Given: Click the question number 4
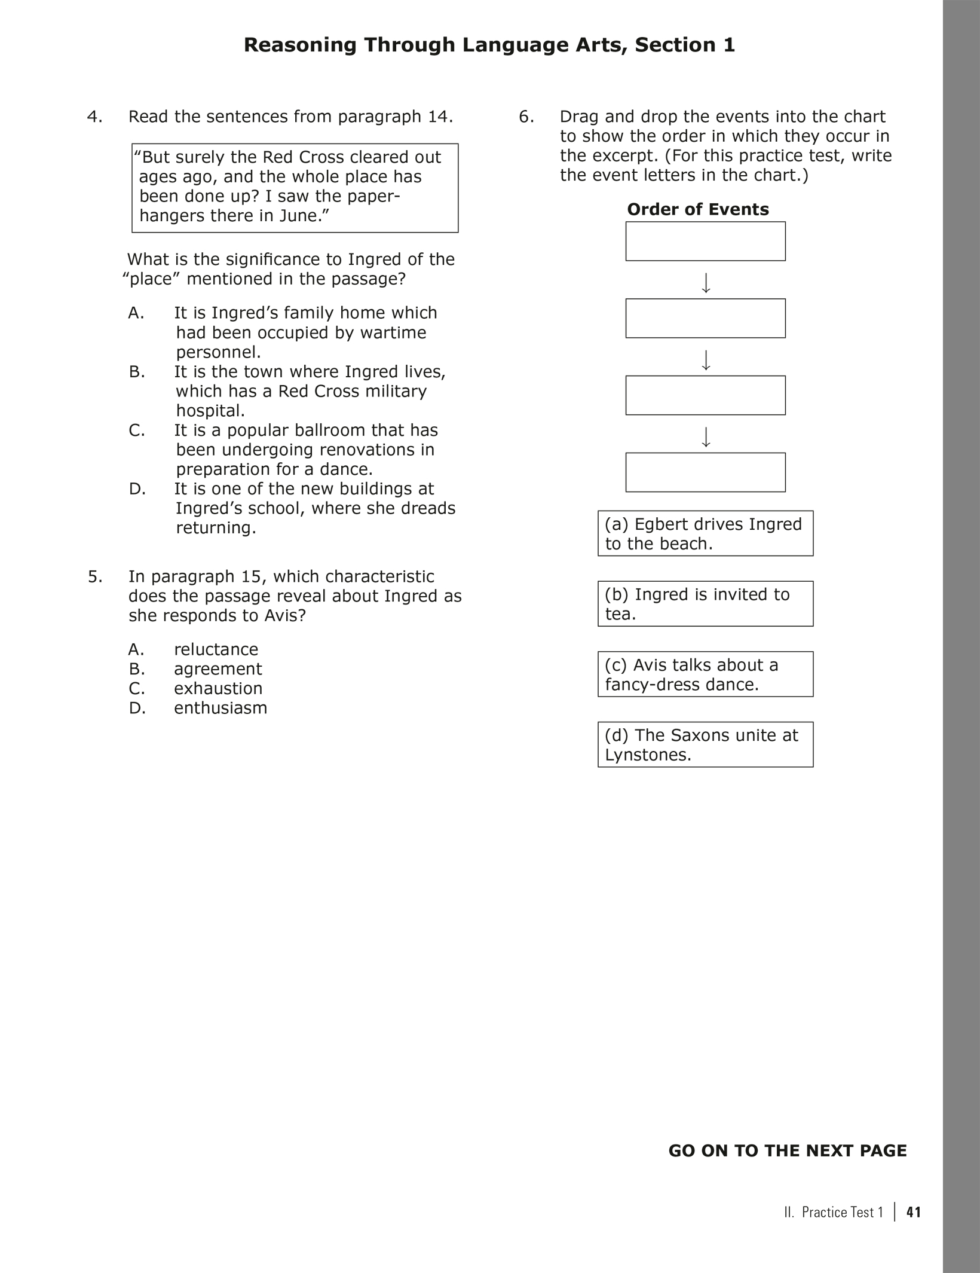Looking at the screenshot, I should [x=94, y=117].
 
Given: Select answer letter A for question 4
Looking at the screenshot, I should [x=136, y=313].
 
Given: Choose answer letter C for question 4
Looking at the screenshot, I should [x=136, y=431].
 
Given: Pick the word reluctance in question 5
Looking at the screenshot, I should [x=216, y=649].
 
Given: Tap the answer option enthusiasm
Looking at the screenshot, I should [x=220, y=708].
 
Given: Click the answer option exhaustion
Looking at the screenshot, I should [x=218, y=688].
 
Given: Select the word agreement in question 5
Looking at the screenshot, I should [x=218, y=669].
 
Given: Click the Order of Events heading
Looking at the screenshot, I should [x=697, y=209].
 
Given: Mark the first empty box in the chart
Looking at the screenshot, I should [x=705, y=242].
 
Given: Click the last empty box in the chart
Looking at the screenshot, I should [x=705, y=472].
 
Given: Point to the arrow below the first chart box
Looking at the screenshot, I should [x=706, y=283].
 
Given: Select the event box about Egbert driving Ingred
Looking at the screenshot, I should [x=705, y=533].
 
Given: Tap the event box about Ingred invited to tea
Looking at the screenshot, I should [x=705, y=604].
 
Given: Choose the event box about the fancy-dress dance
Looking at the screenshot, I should [x=705, y=674].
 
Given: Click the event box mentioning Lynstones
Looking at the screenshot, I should [x=705, y=744].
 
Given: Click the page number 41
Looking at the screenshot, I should [x=914, y=1212].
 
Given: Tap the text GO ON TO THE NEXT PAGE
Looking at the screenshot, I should [x=787, y=1151].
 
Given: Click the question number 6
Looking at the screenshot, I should [x=526, y=117].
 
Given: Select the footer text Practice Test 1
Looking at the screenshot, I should [x=841, y=1213].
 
